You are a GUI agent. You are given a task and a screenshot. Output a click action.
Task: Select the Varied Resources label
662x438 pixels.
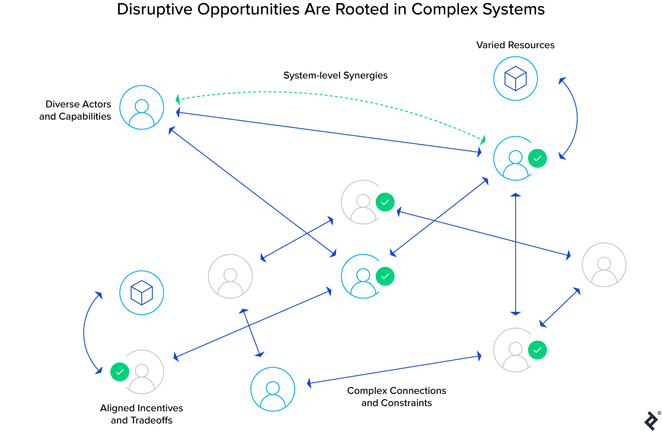click(x=515, y=45)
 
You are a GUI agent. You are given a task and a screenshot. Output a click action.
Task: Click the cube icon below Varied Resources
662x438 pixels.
click(x=516, y=79)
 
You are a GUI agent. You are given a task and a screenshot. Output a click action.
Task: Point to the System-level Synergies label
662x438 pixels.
click(x=335, y=76)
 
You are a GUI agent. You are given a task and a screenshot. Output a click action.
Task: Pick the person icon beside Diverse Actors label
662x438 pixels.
click(x=142, y=107)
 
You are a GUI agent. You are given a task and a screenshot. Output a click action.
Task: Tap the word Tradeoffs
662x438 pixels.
click(x=151, y=421)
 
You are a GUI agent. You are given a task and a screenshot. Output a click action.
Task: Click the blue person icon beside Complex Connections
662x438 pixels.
click(x=273, y=389)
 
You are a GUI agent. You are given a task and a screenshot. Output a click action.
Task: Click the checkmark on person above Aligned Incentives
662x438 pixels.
click(x=120, y=372)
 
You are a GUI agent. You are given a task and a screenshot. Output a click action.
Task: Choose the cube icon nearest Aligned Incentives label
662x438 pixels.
click(x=142, y=293)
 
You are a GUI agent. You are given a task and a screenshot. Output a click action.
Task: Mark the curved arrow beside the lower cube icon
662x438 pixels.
click(x=84, y=333)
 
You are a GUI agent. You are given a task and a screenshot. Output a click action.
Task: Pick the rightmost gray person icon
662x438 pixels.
click(x=604, y=265)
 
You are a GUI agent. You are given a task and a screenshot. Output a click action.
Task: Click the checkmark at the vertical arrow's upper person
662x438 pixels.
click(x=537, y=158)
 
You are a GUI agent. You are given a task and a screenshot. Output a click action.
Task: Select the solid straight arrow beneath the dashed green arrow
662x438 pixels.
click(x=329, y=132)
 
